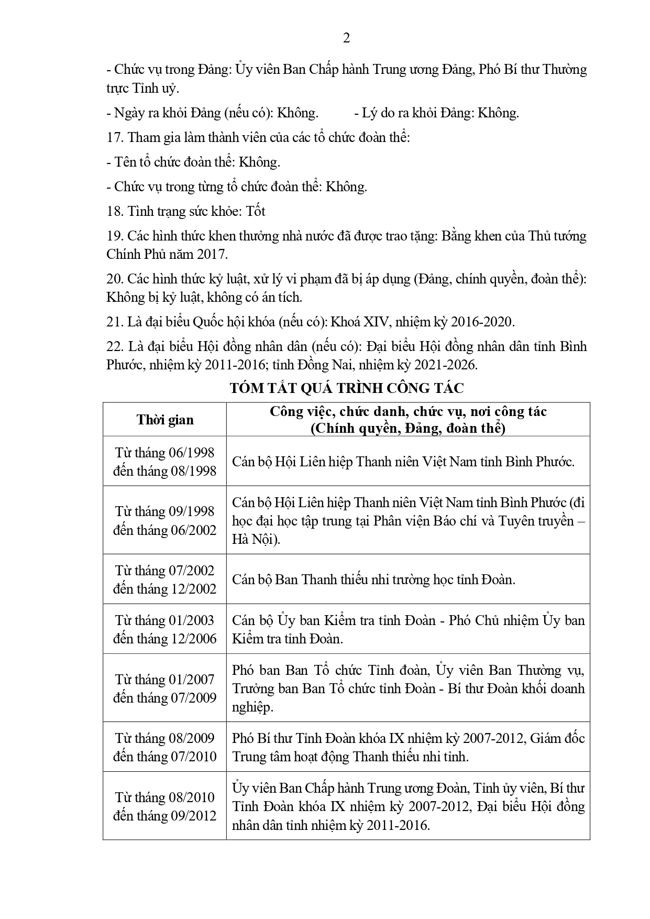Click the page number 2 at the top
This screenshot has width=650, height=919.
coord(346,38)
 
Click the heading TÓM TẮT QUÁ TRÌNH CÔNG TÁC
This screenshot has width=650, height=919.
coord(346,388)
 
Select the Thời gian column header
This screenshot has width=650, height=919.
coord(165,420)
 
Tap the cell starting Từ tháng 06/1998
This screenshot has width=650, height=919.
coord(165,462)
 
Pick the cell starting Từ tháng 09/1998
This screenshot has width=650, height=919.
coord(165,520)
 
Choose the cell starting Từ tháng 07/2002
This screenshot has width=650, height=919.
coord(165,579)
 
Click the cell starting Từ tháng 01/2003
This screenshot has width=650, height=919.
coord(165,629)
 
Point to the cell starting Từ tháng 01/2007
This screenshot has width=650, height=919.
coord(165,688)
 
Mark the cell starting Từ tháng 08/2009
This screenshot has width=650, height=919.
coord(165,747)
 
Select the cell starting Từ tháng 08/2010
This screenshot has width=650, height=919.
coord(165,806)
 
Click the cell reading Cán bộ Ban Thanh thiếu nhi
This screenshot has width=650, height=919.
coord(374,579)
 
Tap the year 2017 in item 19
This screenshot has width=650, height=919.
coord(213,255)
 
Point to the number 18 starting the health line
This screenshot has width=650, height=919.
coord(114,211)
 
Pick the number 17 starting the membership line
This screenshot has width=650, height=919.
coord(114,137)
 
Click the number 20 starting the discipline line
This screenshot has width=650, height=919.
coord(114,279)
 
